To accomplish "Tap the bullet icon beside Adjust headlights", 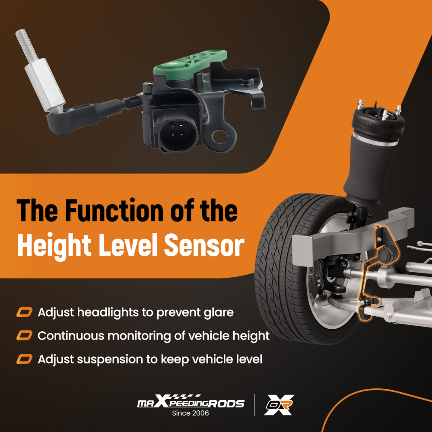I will [24, 312].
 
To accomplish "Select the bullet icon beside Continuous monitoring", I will [24, 336].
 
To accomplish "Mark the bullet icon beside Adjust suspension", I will [24, 359].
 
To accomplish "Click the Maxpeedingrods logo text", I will [190, 403].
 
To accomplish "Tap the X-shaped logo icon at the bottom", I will [279, 405].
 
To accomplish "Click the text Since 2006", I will [190, 413].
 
